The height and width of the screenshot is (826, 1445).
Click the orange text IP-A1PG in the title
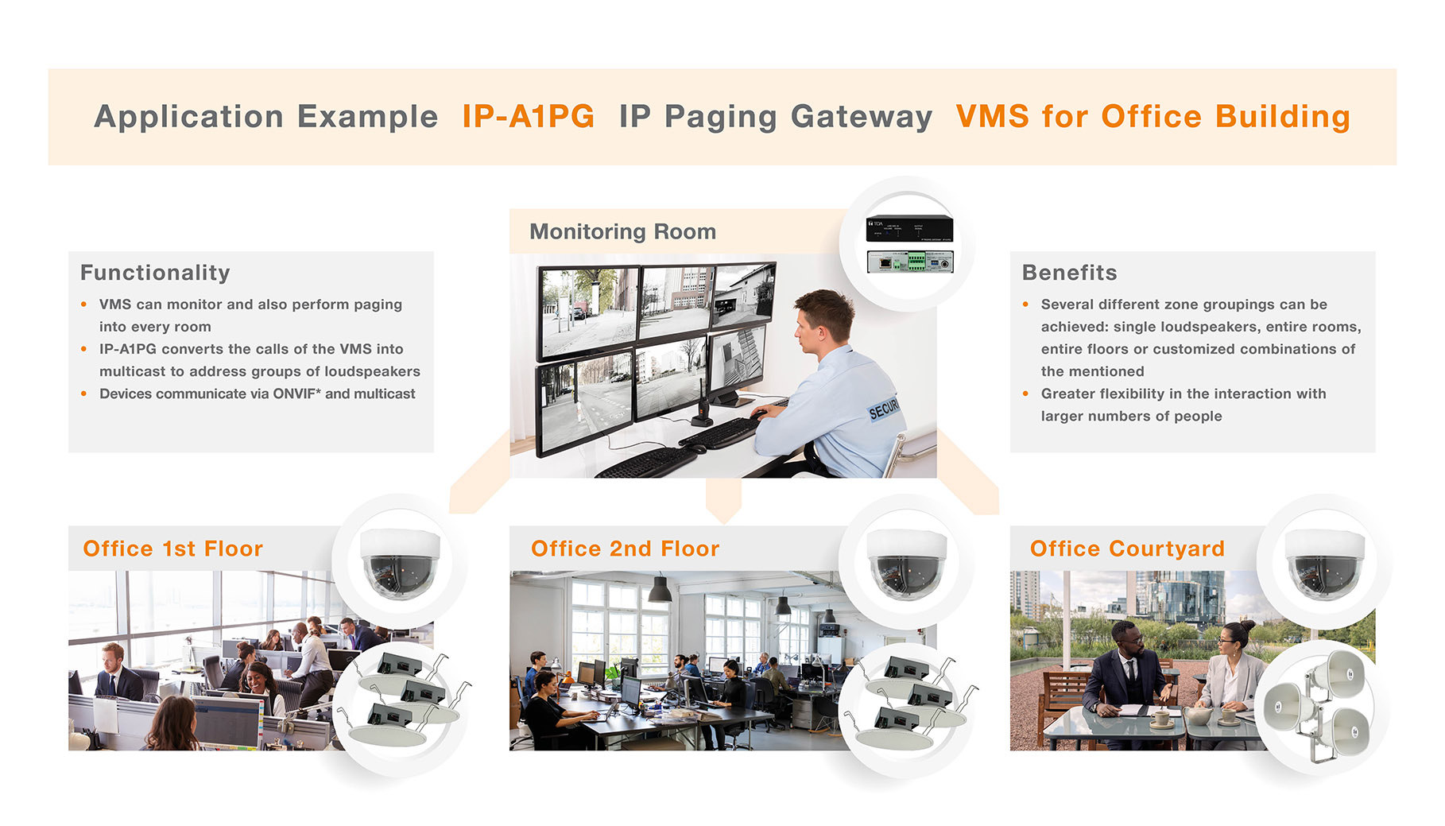coord(528,117)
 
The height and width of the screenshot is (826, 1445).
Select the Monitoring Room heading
coord(622,231)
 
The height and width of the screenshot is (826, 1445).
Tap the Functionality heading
coord(155,273)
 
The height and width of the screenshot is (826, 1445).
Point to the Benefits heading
coord(1069,273)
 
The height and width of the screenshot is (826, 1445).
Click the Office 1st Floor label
coord(172,549)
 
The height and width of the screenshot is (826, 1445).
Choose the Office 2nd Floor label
coord(625,549)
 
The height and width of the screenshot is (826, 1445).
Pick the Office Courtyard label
coord(1126,549)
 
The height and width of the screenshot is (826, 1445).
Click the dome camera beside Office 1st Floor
coord(400,562)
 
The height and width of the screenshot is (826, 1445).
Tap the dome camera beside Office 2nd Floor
coord(906,562)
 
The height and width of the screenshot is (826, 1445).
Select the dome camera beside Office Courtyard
coord(1325,562)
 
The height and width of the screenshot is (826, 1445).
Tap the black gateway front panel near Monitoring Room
coord(909,229)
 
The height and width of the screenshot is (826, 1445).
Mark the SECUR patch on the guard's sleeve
coord(883,409)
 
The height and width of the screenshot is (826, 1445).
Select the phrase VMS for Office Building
coord(1153,117)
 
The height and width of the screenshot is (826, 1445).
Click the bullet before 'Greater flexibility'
coord(1025,394)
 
